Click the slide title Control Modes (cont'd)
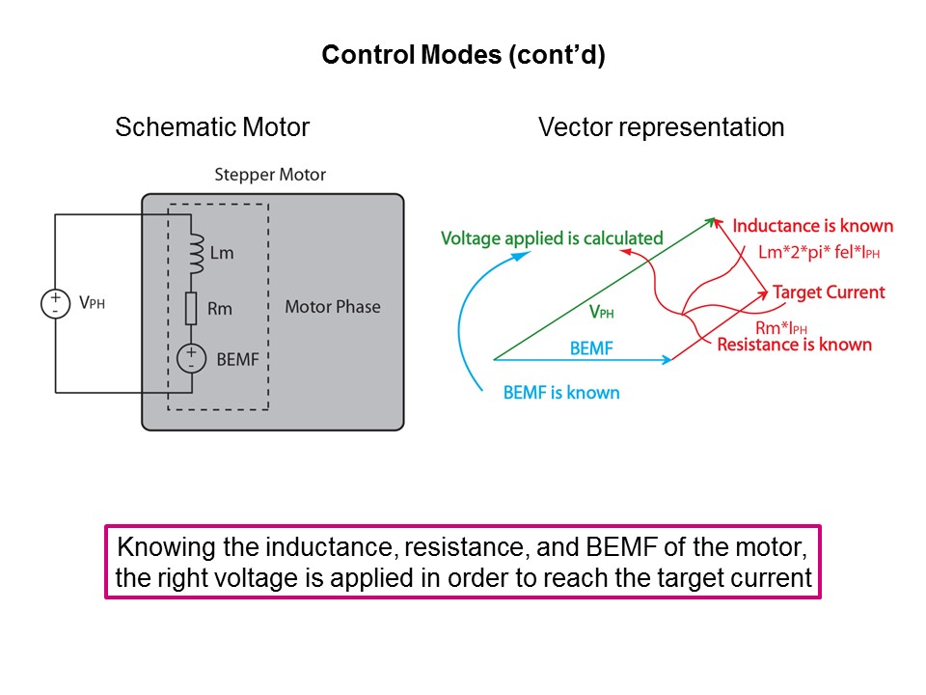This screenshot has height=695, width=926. pos(463,55)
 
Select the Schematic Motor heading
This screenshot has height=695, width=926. pos(212,127)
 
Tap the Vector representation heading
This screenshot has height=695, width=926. pos(661,127)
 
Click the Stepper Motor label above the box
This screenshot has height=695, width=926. pos(270,175)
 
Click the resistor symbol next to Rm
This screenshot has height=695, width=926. pos(192,309)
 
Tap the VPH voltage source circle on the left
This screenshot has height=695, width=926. pos(55,303)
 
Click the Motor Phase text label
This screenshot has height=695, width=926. pos(332,307)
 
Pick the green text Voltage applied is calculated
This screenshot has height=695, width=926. pos(552,237)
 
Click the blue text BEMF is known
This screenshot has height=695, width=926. pos(561,392)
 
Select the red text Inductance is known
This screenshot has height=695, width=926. pos(812,226)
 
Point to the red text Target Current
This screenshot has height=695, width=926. pos(829,292)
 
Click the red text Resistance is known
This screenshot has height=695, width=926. pos(794,345)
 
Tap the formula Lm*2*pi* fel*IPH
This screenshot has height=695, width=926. pos(819,253)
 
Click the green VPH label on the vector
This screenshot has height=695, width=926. pos(600,312)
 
